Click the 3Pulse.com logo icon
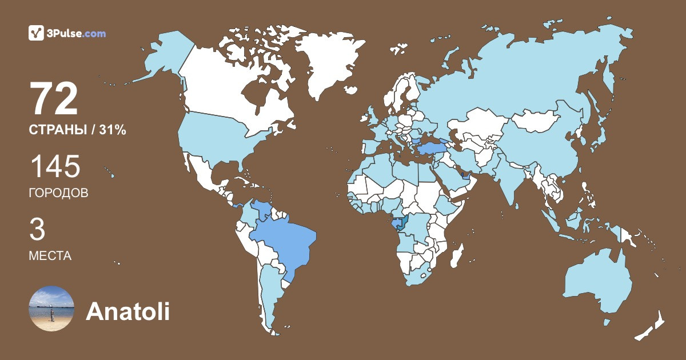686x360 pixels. [x=36, y=33]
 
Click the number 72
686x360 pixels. [x=54, y=99]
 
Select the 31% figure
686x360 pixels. [x=112, y=130]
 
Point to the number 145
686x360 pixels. [x=55, y=167]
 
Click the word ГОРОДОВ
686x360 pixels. [x=58, y=193]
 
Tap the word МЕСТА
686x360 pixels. [x=50, y=256]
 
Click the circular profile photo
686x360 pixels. [x=51, y=309]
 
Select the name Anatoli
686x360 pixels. [x=127, y=312]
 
